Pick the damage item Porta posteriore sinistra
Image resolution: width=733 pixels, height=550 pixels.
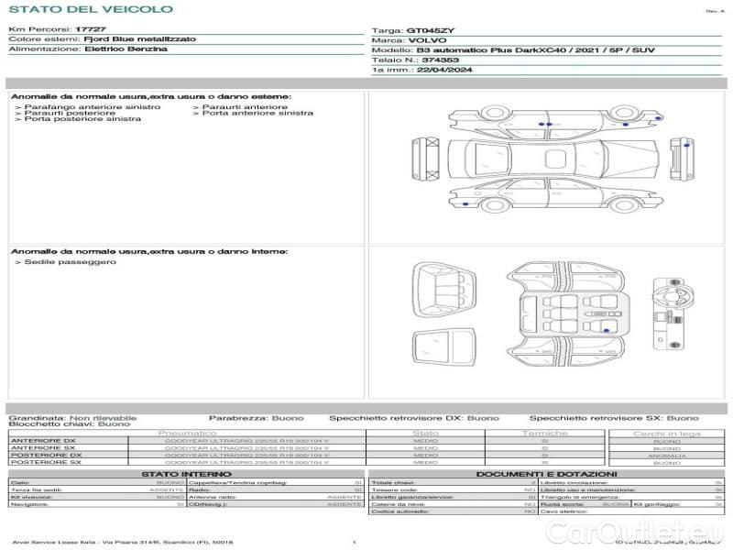pos(82,119)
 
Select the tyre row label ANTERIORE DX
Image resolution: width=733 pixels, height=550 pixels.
pos(43,440)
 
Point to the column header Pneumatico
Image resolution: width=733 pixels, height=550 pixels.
pos(188,433)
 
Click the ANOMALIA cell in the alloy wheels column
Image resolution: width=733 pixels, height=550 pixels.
pos(666,456)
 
